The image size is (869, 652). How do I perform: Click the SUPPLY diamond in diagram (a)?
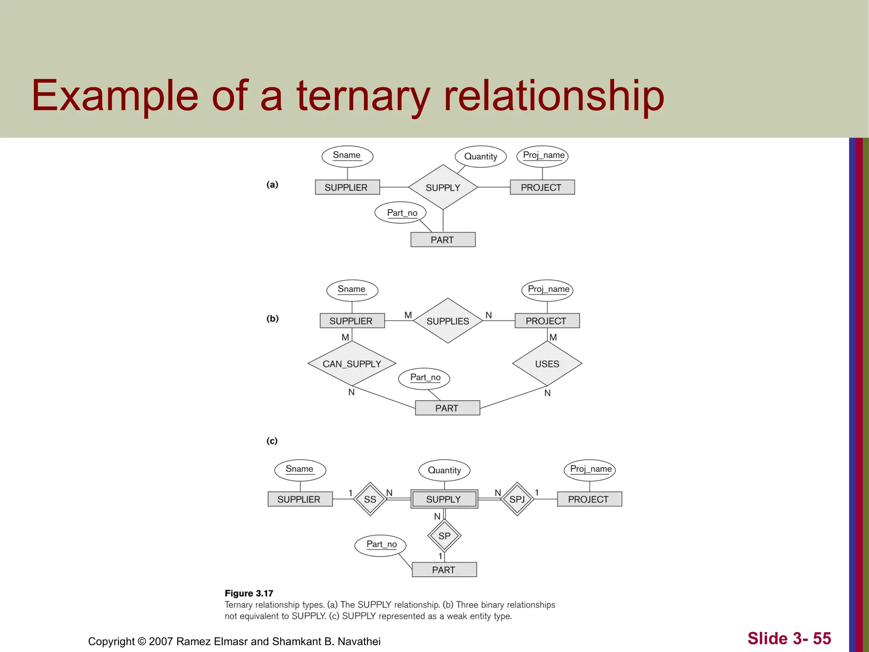tap(443, 187)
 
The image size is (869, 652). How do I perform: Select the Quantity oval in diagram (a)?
tap(480, 156)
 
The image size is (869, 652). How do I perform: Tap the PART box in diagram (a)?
tap(443, 239)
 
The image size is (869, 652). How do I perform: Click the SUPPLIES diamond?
tap(448, 321)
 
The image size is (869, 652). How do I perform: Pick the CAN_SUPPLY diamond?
tap(352, 364)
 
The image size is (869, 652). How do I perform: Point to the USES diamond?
tap(547, 364)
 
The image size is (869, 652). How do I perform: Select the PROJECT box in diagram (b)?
tap(547, 321)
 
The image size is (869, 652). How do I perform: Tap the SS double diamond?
tap(370, 499)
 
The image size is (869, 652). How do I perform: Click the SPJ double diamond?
tap(517, 499)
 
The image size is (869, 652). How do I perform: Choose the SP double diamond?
tap(444, 536)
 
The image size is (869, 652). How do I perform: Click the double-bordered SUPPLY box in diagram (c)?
tap(444, 499)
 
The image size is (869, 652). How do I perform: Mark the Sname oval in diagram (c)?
tap(300, 469)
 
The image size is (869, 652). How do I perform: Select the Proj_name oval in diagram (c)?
tap(590, 469)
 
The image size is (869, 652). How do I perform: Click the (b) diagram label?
tap(272, 318)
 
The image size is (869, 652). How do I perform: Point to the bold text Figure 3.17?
tap(249, 593)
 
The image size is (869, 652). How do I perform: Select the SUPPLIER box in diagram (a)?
tap(347, 187)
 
